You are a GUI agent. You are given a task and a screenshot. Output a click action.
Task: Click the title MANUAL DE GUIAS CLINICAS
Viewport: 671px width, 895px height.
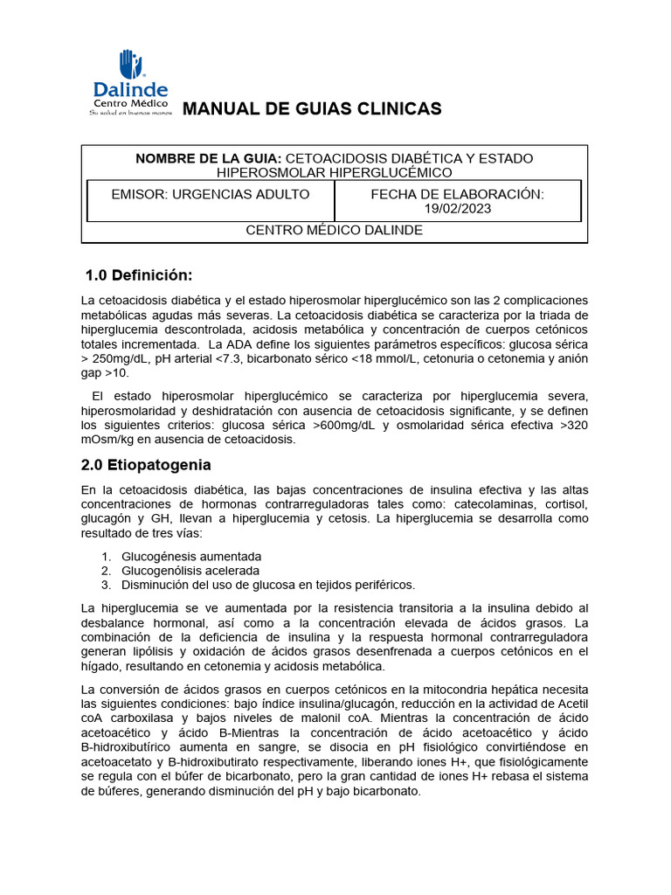coord(310,108)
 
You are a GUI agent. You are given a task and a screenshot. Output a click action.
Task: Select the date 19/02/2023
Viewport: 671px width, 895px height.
coord(457,208)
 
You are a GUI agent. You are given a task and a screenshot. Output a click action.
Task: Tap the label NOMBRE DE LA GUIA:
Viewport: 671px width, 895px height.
coord(208,158)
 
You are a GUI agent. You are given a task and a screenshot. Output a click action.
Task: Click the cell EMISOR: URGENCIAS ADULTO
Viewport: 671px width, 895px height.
coord(210,194)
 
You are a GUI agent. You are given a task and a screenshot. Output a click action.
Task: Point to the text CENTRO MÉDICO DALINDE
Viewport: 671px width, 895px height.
coord(334,230)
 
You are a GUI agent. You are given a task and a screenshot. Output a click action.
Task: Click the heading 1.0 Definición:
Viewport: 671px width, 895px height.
coord(137,275)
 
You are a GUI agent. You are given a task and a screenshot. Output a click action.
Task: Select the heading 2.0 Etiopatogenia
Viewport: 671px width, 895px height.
coord(146,465)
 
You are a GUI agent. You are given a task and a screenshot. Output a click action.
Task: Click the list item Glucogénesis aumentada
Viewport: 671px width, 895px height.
coord(191,557)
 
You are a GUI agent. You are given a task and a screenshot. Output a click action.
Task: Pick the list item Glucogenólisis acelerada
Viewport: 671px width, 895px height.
coord(190,571)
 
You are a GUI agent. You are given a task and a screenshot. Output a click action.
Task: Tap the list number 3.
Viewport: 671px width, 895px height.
coord(105,585)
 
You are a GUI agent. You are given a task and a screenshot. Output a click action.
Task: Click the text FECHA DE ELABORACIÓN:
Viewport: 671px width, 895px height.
coord(457,194)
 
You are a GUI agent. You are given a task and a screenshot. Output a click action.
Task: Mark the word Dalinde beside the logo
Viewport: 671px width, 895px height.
coord(130,90)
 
